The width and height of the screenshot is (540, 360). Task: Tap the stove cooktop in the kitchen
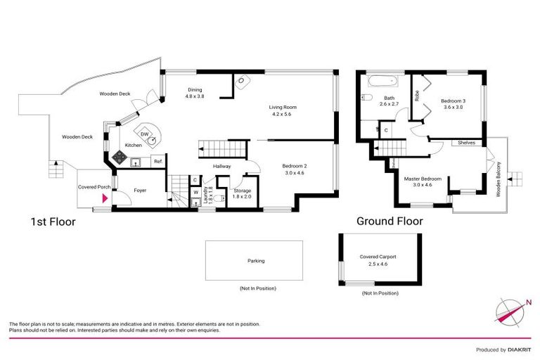coord(119,158)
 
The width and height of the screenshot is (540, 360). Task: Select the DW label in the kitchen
coord(144,134)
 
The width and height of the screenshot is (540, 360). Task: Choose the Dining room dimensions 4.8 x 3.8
coord(195,96)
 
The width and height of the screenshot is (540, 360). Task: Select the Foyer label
coord(140,190)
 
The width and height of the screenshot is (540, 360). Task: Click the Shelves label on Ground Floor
coord(466,142)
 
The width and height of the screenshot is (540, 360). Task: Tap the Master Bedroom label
coord(423,179)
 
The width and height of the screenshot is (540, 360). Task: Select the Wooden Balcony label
coord(499,178)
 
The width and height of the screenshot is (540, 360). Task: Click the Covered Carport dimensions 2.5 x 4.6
coord(378,265)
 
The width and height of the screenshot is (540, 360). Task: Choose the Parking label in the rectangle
coord(256,261)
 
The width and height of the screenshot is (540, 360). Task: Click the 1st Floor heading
coord(52,221)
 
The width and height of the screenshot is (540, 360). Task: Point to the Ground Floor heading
coord(390,221)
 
